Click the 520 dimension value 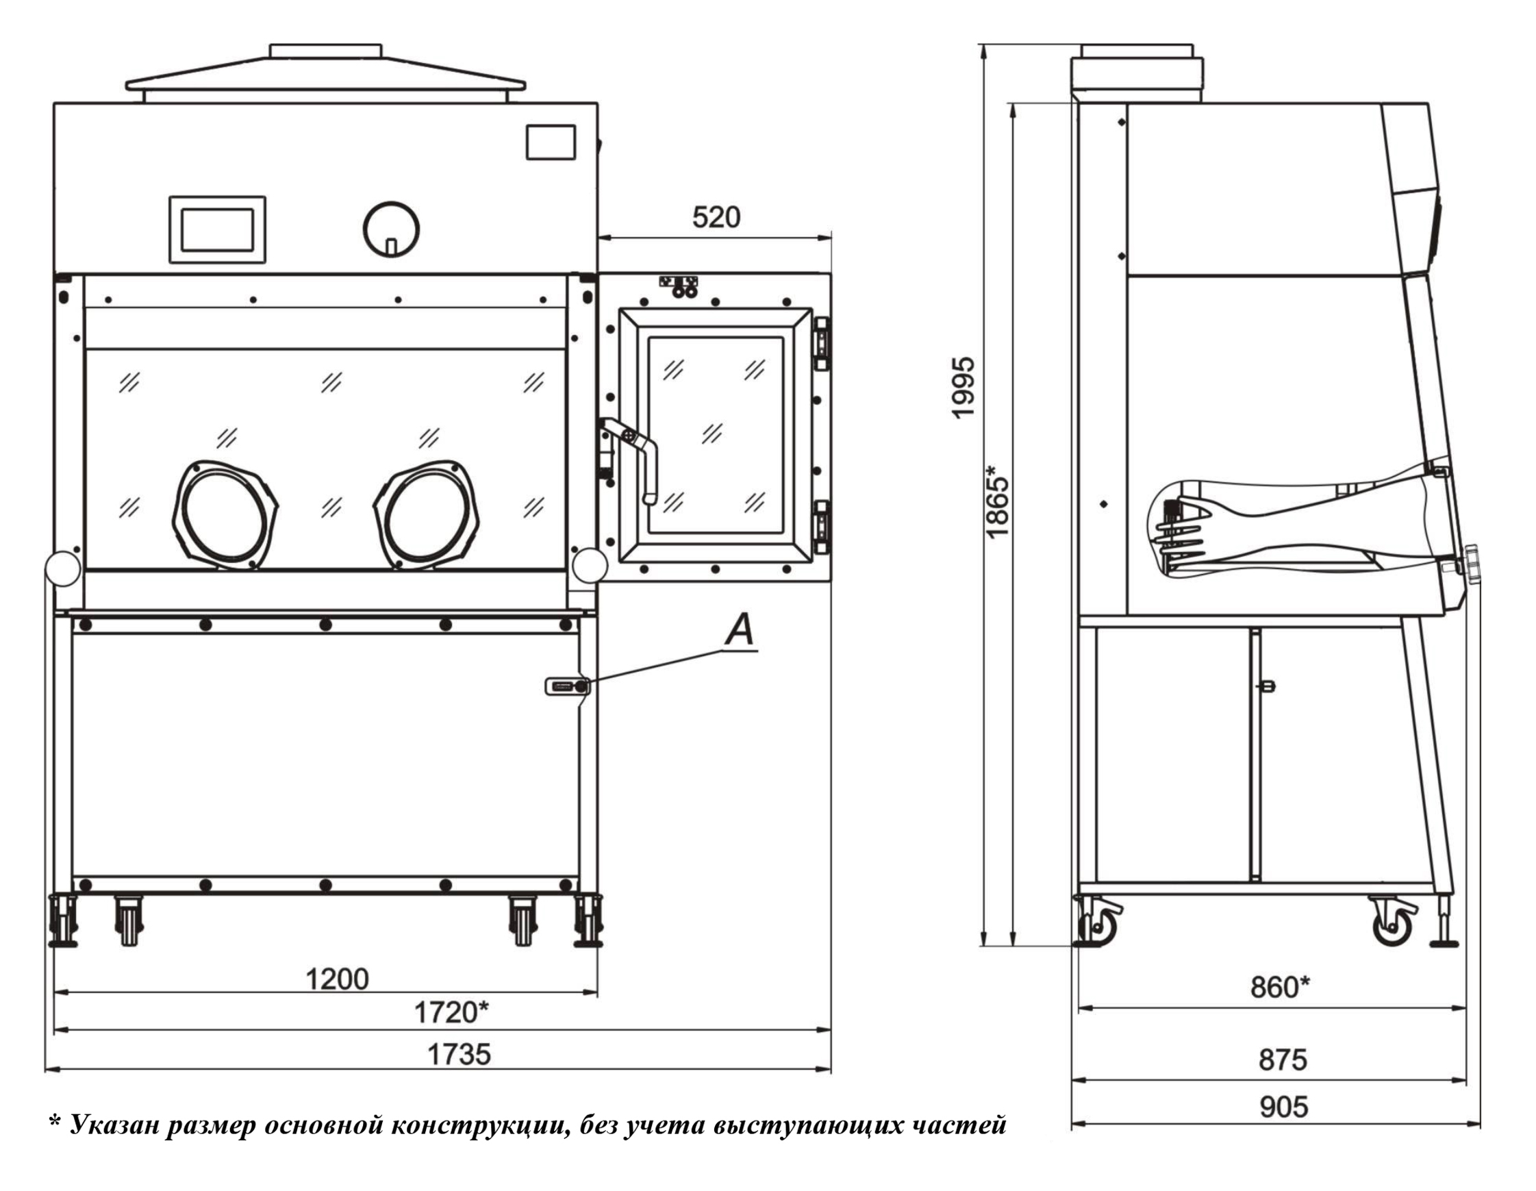click(716, 217)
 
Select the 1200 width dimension click(337, 979)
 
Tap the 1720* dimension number click(451, 1013)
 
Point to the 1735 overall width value click(459, 1055)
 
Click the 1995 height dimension click(964, 388)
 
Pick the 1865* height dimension click(997, 501)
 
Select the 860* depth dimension click(1280, 988)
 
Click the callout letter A click(740, 630)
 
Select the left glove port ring click(225, 515)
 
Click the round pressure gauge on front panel click(391, 229)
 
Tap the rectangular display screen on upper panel click(217, 229)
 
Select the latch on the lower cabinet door click(567, 686)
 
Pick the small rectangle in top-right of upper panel click(551, 142)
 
